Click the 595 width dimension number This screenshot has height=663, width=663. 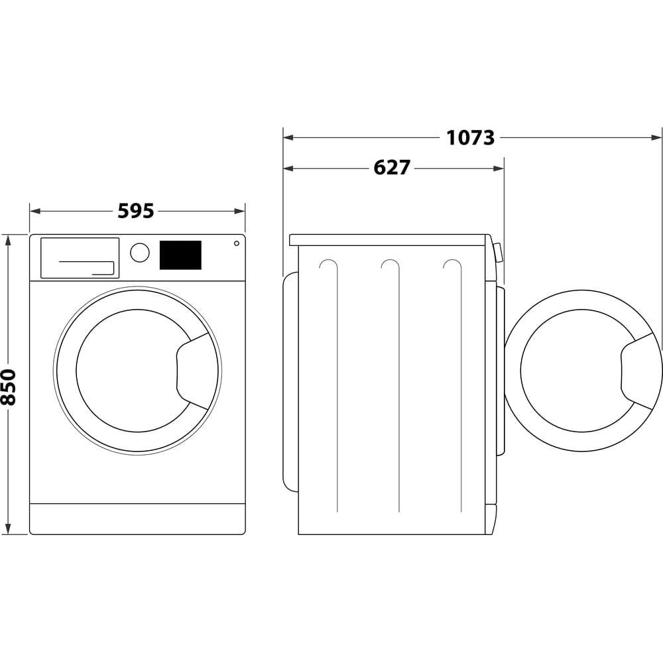click(x=136, y=211)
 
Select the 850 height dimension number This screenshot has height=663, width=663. click(x=9, y=387)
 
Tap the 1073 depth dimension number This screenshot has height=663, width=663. click(x=470, y=138)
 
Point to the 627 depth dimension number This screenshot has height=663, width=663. click(x=392, y=168)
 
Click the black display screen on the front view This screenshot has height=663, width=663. click(x=180, y=255)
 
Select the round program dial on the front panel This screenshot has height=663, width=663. click(x=140, y=253)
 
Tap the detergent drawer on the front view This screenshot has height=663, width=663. click(x=80, y=258)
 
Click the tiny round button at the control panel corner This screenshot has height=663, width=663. click(x=237, y=243)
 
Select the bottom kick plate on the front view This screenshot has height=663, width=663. click(x=137, y=518)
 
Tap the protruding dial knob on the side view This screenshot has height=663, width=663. click(x=498, y=253)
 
